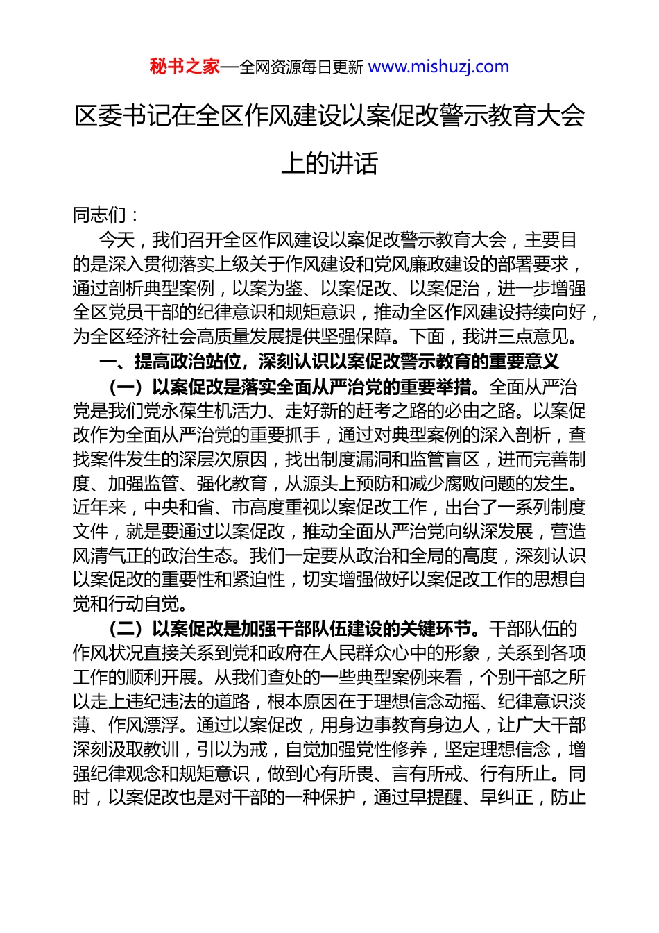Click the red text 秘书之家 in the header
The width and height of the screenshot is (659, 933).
(185, 67)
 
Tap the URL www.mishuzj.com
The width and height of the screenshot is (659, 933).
(438, 67)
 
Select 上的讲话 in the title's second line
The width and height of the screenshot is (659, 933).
(329, 164)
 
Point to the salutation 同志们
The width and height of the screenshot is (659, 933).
(99, 215)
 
